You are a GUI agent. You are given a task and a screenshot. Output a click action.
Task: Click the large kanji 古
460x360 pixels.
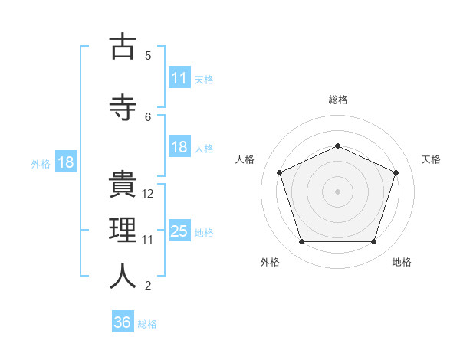point(123,45)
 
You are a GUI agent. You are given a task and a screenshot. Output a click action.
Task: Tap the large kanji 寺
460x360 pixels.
point(123,107)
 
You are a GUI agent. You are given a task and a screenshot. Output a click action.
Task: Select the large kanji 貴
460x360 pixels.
point(123,184)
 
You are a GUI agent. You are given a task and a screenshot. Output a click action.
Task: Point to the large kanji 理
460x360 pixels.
point(123,230)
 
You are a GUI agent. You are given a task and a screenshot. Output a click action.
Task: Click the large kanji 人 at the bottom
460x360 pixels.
point(123,276)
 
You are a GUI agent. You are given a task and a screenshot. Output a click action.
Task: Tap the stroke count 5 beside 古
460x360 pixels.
point(148,56)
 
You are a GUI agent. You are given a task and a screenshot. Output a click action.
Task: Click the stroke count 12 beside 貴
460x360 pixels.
point(147,194)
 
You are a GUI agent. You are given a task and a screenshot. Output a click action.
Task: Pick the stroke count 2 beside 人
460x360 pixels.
point(148,286)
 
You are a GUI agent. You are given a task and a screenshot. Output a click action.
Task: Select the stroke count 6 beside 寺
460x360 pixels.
point(148,117)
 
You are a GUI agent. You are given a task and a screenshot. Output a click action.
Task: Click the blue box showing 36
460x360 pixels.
point(123,321)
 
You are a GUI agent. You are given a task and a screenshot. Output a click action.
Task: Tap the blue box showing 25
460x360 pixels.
point(180,230)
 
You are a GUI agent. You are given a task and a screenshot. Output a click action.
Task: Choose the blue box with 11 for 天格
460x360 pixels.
point(180,77)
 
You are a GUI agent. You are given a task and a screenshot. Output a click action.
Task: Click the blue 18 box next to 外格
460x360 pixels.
point(66,162)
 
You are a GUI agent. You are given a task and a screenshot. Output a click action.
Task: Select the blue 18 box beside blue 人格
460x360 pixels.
point(180,146)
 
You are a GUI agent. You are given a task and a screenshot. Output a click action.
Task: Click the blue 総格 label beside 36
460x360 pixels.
point(147,324)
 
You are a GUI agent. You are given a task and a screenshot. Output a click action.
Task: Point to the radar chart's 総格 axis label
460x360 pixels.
point(338,100)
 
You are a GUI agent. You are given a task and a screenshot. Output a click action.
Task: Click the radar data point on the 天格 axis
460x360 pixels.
point(396,172)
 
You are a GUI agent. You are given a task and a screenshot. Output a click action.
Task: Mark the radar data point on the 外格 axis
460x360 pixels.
point(302,241)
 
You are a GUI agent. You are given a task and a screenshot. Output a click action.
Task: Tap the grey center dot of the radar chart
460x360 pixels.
point(337,191)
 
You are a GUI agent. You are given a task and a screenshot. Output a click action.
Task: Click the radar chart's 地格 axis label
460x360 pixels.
point(402,262)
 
